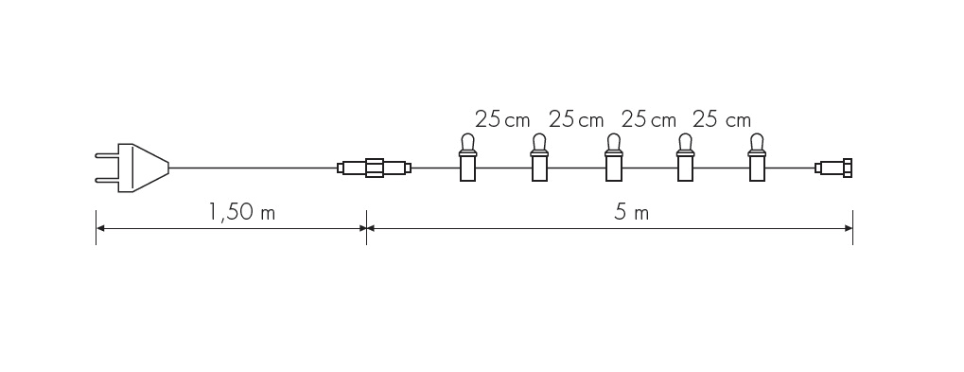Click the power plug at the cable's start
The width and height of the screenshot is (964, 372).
(x=132, y=168)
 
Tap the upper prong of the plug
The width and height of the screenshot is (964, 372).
(x=106, y=156)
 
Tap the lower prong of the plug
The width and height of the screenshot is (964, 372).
(x=106, y=180)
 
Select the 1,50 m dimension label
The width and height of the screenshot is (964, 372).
(x=241, y=213)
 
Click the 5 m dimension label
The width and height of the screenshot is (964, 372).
(x=631, y=213)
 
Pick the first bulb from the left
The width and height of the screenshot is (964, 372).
(x=468, y=157)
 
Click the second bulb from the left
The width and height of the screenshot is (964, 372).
(x=540, y=157)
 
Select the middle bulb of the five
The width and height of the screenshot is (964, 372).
(x=613, y=157)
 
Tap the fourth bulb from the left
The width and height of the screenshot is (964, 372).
(x=685, y=157)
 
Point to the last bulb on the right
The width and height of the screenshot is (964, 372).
(x=757, y=157)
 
